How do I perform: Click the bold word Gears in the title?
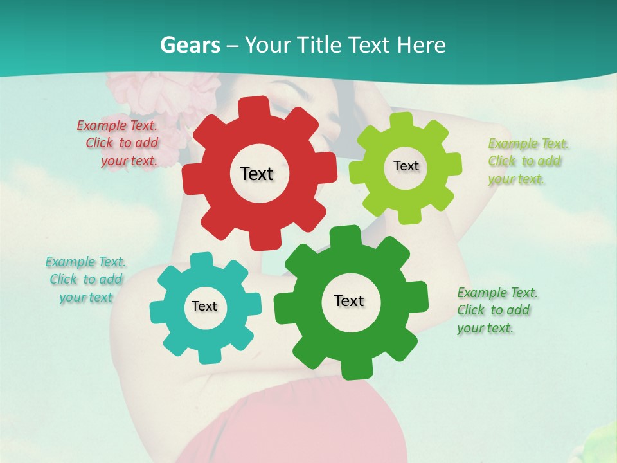pos(190,45)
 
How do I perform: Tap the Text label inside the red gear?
pos(256,174)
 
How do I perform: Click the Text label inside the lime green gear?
pos(406,166)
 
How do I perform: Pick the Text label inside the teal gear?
pos(204,306)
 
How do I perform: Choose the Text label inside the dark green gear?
pos(349,300)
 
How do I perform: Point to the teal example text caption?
pos(86,279)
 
